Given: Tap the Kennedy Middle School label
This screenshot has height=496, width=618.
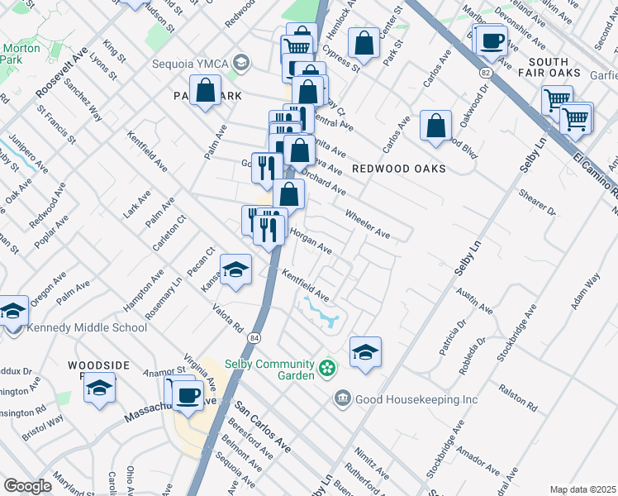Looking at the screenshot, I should (x=87, y=328).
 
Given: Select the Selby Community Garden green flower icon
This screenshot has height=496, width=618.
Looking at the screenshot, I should (x=329, y=365).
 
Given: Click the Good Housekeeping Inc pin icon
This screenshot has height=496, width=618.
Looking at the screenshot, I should (x=342, y=399).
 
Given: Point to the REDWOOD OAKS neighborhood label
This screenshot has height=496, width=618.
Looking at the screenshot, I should (x=398, y=169).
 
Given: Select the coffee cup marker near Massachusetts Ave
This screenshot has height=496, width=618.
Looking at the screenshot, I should (x=189, y=393).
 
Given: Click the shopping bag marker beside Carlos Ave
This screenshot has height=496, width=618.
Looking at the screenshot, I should (x=435, y=126).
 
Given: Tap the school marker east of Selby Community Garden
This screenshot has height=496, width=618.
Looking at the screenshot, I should (x=365, y=352).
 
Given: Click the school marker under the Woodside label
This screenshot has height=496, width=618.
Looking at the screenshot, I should (x=99, y=388).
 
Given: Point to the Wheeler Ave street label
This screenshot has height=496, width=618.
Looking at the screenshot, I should (x=367, y=222).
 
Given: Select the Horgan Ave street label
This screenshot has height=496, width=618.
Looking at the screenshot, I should (x=310, y=242).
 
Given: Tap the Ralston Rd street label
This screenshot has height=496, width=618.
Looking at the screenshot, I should (x=517, y=397).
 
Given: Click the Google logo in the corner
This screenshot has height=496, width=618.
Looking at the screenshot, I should (x=28, y=486).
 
